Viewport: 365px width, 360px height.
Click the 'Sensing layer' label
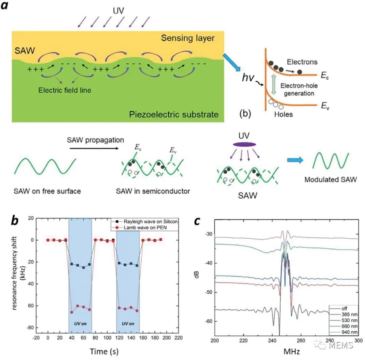coord(188,38)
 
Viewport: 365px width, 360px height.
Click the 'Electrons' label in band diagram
coord(303,62)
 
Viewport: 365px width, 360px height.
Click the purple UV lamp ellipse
coord(244,144)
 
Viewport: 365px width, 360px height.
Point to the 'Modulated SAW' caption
coord(331,179)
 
